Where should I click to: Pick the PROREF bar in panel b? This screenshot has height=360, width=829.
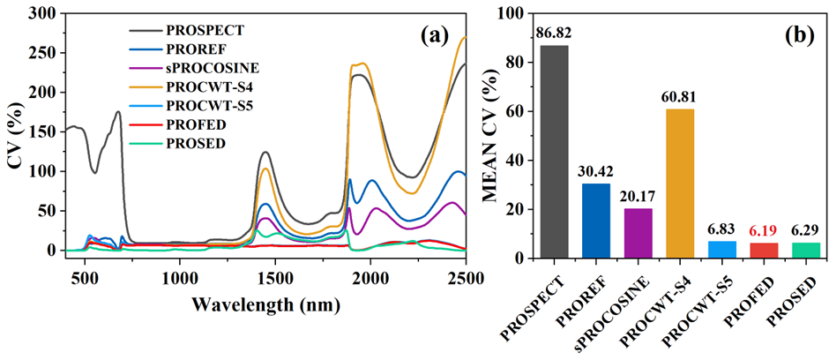(595, 221)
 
